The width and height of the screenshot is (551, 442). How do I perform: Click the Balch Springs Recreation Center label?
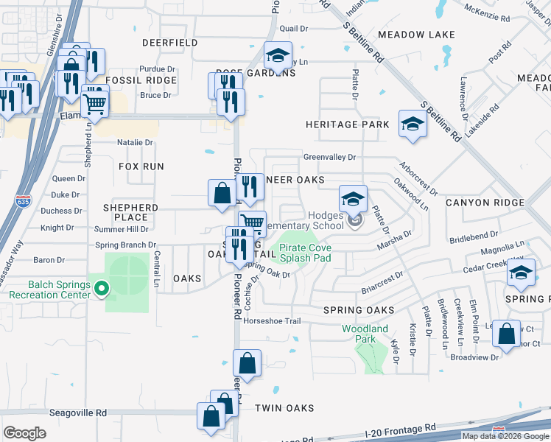[49, 290]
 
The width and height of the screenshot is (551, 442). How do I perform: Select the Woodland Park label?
[365, 334]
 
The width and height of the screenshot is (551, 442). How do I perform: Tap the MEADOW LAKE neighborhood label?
[416, 35]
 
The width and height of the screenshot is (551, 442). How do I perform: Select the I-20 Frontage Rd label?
[401, 429]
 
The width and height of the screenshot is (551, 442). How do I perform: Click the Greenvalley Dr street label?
[329, 157]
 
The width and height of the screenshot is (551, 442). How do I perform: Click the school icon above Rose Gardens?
[278, 55]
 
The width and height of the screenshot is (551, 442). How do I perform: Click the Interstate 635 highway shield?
[24, 199]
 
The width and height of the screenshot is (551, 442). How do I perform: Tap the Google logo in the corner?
[24, 432]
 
